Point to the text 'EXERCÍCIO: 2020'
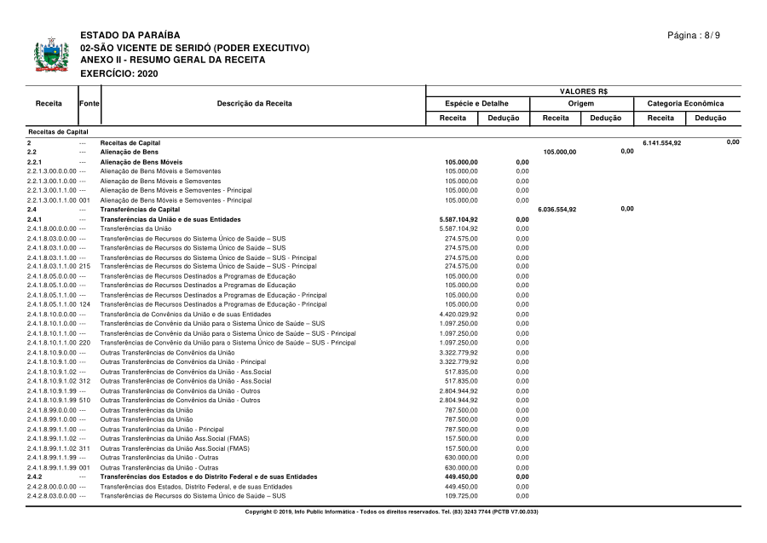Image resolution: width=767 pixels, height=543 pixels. [x=118, y=73]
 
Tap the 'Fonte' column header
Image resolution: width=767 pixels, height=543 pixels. [x=89, y=103]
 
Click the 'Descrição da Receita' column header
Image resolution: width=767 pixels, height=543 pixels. [x=254, y=103]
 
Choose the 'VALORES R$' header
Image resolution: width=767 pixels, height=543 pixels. [x=583, y=91]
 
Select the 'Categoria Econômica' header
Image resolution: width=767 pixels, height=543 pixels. [x=686, y=103]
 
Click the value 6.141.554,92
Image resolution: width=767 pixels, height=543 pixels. [x=662, y=142]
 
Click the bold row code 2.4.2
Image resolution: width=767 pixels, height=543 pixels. [x=35, y=477]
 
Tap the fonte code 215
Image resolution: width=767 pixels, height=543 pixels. [x=84, y=266]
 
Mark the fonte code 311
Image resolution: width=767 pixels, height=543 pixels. [x=84, y=448]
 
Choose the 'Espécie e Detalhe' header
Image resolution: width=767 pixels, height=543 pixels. [x=482, y=103]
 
